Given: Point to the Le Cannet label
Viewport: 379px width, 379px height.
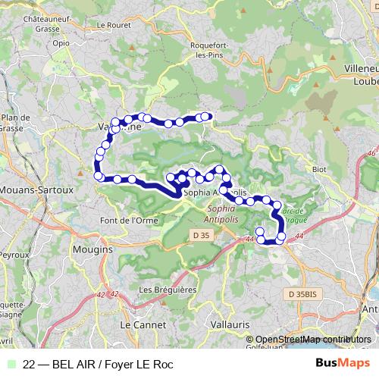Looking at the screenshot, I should click(138, 324).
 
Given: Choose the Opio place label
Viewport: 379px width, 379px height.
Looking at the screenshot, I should click(61, 43).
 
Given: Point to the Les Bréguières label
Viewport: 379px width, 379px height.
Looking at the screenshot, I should click(167, 290).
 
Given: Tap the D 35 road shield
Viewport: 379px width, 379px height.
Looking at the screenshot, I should click(200, 237).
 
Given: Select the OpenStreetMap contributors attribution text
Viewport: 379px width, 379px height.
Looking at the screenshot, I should click(314, 340).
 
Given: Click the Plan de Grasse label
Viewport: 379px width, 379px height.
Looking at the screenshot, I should click(14, 123).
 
